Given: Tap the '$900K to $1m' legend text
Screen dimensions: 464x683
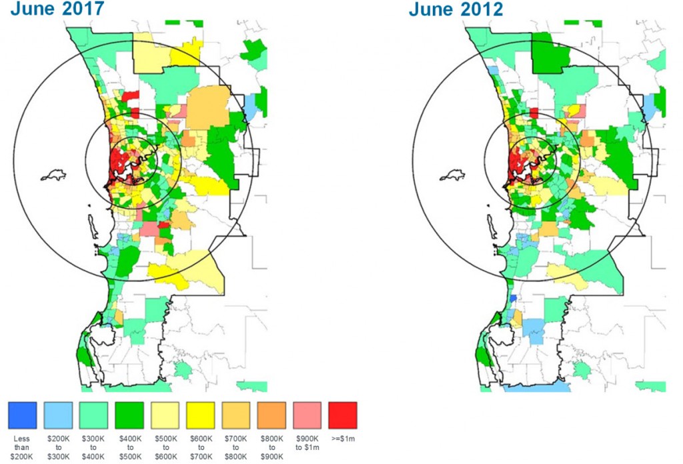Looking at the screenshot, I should tap(307, 443).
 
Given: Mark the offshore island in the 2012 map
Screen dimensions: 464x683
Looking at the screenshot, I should tap(454, 177).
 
